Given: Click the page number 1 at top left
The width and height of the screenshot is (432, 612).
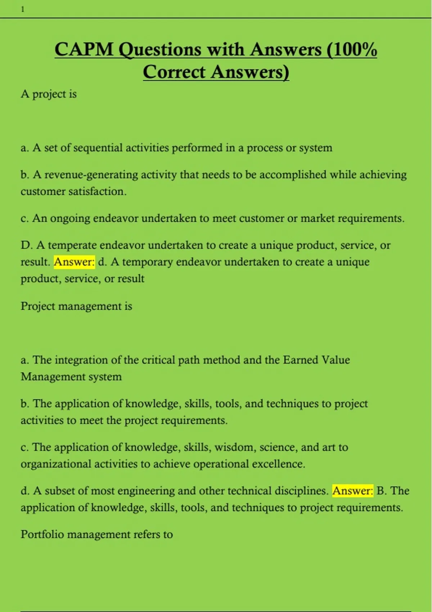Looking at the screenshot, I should [x=23, y=9].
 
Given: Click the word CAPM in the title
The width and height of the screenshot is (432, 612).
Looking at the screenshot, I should [x=84, y=49].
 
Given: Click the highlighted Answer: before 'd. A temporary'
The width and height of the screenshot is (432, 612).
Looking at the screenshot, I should [x=74, y=262].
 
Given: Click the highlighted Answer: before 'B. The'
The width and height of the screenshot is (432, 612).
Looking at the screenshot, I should [x=352, y=491].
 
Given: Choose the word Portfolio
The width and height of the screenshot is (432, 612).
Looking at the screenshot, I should [x=42, y=534].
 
